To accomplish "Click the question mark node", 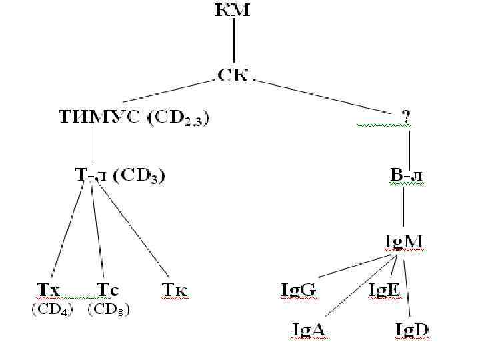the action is pos(406,117).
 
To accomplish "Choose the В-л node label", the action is pos(406,176).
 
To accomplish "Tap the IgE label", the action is pos(385,290).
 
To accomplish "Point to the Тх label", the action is pos(49,290).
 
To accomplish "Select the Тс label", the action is pos(108,290).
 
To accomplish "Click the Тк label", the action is pos(175,290).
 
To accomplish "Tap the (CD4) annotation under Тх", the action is pos(53,310).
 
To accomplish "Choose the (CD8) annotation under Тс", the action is pos(109,310).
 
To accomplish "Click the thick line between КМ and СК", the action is pos(233,43).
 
